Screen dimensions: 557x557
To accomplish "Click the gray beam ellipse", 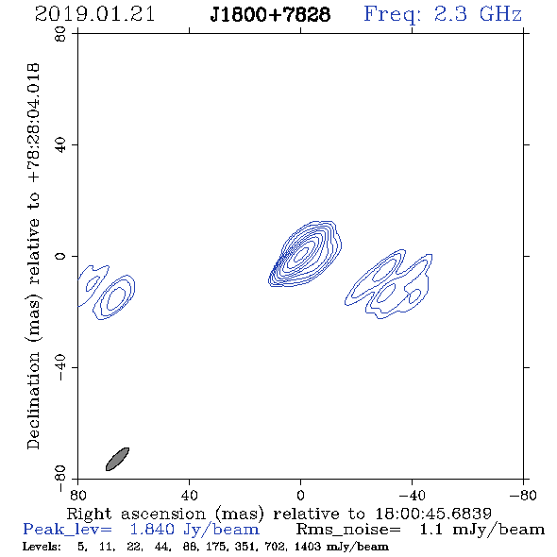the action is coord(117,459).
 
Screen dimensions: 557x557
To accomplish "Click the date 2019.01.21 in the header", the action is coord(94,14).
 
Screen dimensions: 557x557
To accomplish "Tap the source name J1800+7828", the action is coord(270,14).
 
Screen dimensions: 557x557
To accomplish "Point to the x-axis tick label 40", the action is coord(189,496).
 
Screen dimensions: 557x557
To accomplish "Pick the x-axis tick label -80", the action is coord(523,496).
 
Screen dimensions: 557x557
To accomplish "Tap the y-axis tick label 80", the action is coord(60,34).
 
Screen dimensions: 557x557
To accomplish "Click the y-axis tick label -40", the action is coord(60,367).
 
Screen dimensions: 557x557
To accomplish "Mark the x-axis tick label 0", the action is coord(300,496).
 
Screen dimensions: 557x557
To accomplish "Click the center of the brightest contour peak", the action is coord(302,253).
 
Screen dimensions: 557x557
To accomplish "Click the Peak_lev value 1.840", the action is coord(152,530).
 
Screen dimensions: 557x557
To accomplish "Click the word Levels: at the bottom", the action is coord(42,546).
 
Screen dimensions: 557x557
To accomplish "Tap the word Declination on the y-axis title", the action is coord(33,400).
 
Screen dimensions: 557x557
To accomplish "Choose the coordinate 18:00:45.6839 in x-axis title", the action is coord(433,514).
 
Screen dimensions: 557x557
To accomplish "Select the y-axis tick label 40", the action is coord(60,145).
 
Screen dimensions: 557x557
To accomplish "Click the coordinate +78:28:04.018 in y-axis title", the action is coord(33,123).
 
